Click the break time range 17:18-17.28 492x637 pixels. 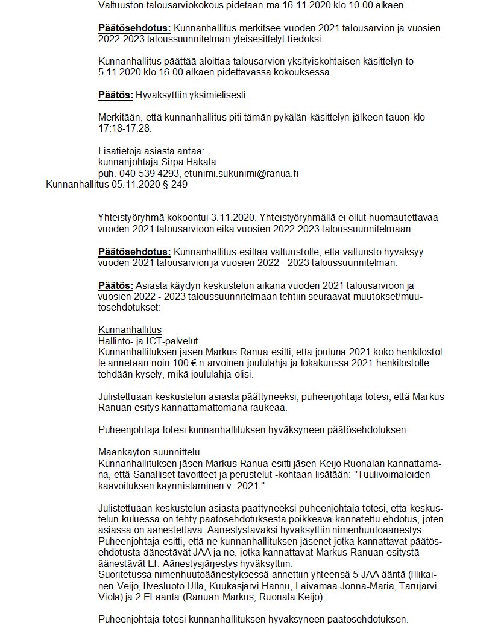pos(125,128)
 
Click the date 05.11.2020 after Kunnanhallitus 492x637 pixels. pos(130,185)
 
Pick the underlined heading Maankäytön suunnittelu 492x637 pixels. pos(150,452)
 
